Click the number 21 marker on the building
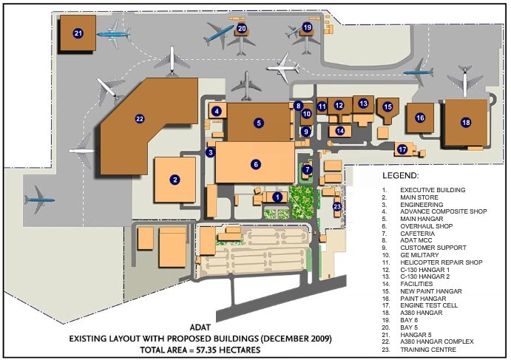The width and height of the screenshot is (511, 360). click(79, 33)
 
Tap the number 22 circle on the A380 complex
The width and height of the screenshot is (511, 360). click(139, 118)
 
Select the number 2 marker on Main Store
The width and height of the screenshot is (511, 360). click(175, 179)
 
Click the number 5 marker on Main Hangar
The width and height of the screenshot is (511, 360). click(259, 122)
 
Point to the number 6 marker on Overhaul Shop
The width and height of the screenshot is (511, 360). click(256, 164)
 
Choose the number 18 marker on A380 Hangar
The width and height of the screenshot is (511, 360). click(465, 122)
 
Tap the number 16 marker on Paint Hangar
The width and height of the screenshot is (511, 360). click(420, 118)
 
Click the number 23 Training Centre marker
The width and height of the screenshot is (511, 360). click(337, 207)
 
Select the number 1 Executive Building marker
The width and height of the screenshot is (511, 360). click(277, 197)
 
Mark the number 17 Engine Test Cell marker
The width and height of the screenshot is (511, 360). click(402, 149)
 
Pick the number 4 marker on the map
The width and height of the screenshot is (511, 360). click(216, 111)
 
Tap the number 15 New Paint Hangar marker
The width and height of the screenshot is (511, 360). click(388, 107)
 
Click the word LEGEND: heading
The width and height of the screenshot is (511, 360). click(401, 177)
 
